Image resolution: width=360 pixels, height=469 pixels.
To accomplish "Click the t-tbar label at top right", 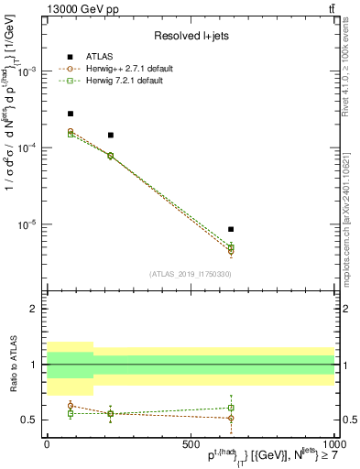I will point(328,8).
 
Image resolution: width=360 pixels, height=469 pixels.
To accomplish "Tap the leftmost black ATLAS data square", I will point(71,114).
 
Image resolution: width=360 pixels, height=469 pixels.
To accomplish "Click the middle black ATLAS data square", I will point(110,135).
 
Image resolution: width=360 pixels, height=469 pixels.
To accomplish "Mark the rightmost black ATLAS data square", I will point(231,229).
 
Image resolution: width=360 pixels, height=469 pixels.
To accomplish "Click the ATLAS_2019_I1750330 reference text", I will point(190,273).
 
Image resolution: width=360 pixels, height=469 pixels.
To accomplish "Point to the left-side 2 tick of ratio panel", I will point(33,310).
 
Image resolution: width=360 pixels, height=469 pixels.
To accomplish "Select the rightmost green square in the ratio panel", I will point(231,408).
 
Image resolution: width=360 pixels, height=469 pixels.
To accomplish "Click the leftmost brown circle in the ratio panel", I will point(71,406).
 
